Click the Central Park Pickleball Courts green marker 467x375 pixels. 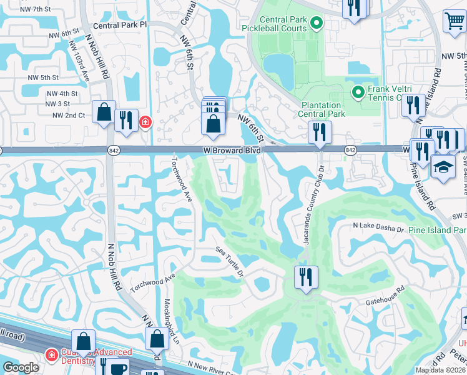click(x=317, y=24)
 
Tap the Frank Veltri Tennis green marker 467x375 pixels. click(x=358, y=93)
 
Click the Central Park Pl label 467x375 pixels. click(x=119, y=26)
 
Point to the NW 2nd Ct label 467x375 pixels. click(x=69, y=116)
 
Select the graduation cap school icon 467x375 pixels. click(x=443, y=167)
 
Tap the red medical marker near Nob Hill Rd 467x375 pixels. click(x=145, y=122)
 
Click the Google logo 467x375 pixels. click(x=21, y=367)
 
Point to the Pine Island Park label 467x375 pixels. click(x=437, y=230)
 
